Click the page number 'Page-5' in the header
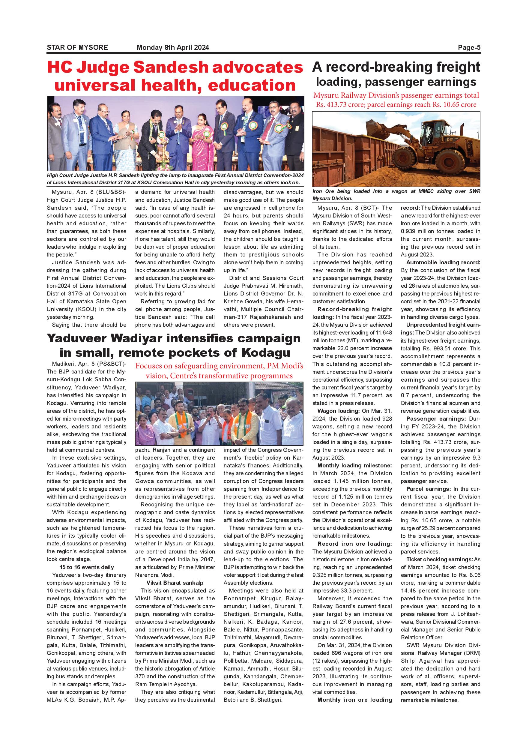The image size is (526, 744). click(469, 48)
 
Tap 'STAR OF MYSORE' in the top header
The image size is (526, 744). click(77, 48)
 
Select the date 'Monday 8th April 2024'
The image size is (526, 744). click(173, 48)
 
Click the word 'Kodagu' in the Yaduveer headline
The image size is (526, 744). click(266, 352)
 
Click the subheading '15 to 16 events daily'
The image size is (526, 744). click(86, 567)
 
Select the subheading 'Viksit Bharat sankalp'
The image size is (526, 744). click(175, 583)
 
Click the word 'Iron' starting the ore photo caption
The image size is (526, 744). click(317, 191)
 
